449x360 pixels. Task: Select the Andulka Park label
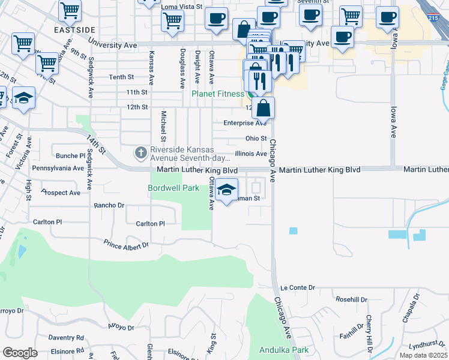click(283, 350)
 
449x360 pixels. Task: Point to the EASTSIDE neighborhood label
click(74, 29)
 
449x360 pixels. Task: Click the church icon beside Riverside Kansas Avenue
click(141, 154)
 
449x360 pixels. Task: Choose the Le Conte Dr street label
click(297, 289)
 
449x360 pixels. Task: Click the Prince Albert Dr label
click(126, 245)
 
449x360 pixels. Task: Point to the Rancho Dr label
click(109, 205)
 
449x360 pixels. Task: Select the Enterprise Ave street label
click(244, 123)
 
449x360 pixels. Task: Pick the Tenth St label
click(121, 77)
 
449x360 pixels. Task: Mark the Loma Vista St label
click(182, 7)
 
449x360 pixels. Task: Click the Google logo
click(20, 353)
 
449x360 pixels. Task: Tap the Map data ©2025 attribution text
click(423, 355)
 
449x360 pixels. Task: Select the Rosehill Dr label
click(351, 299)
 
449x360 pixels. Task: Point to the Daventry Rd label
click(66, 338)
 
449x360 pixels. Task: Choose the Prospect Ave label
click(61, 193)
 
